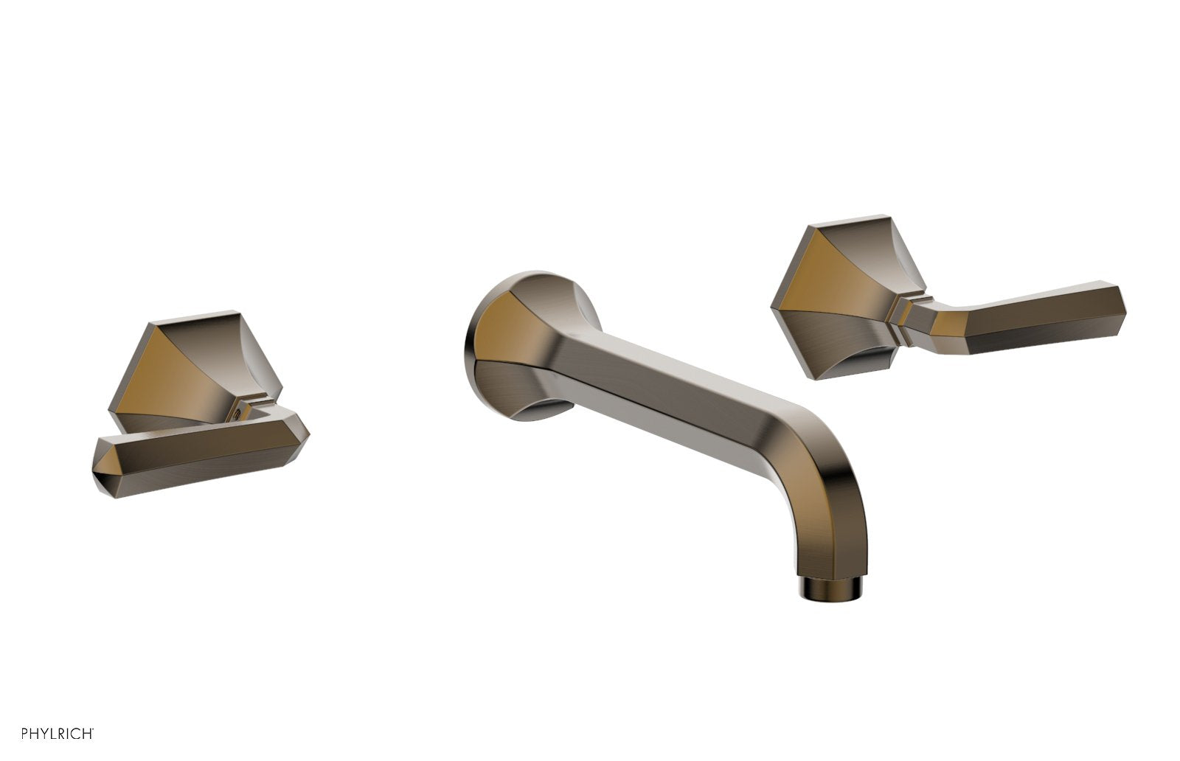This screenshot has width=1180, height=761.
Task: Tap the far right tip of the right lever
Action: (1124, 300)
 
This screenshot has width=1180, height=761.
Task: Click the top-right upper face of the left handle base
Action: (244, 350)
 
